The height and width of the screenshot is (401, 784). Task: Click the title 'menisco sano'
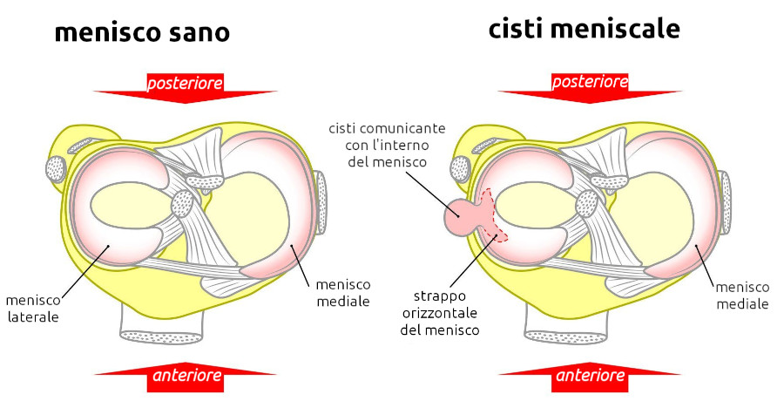click(142, 33)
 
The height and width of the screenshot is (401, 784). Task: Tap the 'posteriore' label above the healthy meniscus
click(185, 84)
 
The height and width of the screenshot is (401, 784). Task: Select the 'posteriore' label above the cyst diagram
click(590, 82)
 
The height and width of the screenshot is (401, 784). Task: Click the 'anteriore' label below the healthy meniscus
click(186, 377)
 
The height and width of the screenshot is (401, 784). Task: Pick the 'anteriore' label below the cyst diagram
click(590, 377)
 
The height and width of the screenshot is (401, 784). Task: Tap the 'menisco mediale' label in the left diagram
click(342, 293)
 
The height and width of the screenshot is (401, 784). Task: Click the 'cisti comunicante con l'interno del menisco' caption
click(387, 145)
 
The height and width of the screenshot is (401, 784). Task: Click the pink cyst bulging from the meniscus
click(460, 217)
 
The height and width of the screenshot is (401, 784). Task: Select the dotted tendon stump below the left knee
click(163, 335)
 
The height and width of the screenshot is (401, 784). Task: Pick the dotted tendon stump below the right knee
click(566, 335)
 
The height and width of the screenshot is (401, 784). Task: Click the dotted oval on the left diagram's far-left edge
click(56, 169)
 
